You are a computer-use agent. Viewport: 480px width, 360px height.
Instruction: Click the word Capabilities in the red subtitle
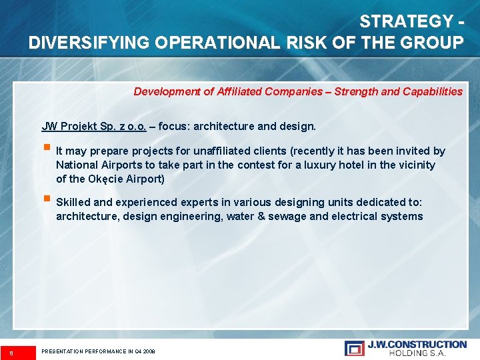point(433,91)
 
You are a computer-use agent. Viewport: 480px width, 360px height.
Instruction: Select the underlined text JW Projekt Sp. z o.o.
point(94,126)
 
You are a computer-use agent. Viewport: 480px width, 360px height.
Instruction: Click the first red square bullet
point(46,149)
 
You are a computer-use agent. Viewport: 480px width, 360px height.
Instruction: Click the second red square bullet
point(46,200)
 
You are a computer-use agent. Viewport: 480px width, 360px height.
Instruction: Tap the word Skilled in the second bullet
point(73,202)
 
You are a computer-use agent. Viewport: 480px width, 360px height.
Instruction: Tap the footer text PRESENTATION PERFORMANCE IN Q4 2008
point(98,351)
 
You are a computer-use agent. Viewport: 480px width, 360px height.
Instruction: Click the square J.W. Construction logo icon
point(354,348)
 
